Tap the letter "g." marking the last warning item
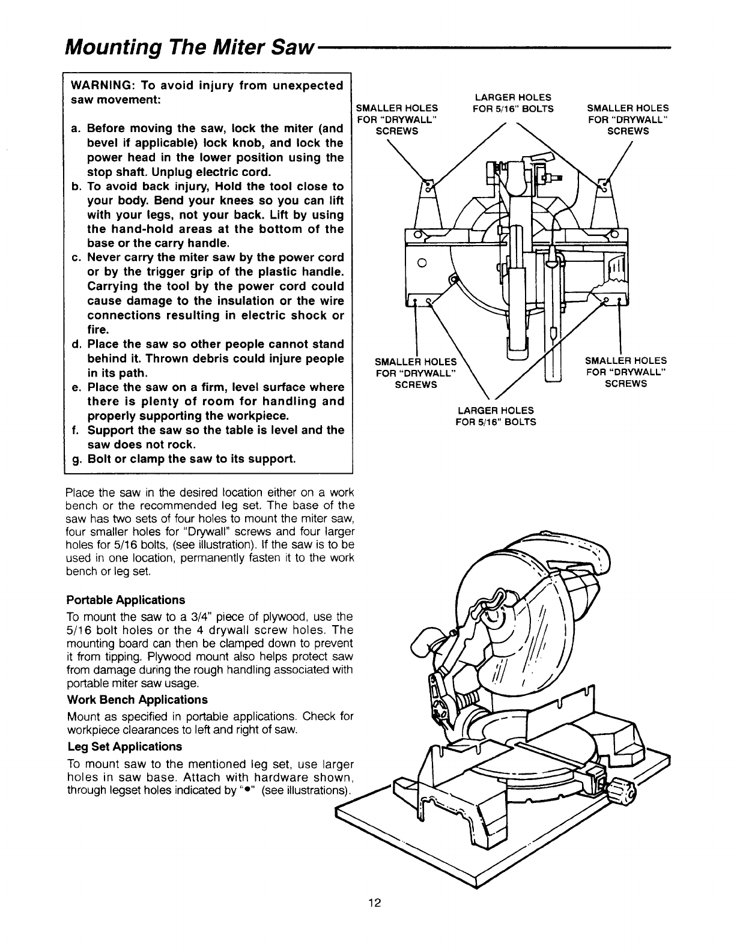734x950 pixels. [x=76, y=459]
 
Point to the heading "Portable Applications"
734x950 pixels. [x=126, y=600]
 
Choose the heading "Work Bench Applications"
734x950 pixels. [x=137, y=700]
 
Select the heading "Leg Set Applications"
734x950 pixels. [x=124, y=746]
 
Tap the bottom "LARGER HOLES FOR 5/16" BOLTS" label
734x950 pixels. [x=496, y=416]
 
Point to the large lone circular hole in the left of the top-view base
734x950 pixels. [x=422, y=261]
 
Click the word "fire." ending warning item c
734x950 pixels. [x=100, y=330]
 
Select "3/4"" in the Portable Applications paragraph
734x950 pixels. [x=251, y=617]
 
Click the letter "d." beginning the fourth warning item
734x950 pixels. [x=76, y=344]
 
